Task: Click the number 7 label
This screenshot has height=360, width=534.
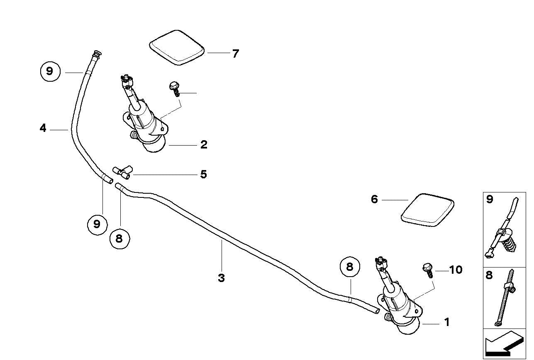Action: (235, 54)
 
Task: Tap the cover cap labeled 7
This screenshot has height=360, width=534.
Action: (177, 47)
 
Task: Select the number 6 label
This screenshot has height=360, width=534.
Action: (374, 199)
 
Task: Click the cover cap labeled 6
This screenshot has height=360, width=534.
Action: (427, 209)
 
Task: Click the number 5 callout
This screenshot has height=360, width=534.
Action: (203, 174)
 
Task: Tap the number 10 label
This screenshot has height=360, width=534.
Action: (455, 270)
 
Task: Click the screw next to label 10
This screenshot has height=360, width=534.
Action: (427, 270)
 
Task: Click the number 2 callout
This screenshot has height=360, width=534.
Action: (203, 145)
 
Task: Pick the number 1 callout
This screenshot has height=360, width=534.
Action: (446, 322)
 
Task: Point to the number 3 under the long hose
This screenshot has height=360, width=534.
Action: (221, 278)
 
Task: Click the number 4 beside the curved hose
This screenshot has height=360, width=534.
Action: (43, 129)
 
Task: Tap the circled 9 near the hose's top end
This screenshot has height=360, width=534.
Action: (50, 71)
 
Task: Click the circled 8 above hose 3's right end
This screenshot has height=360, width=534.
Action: (349, 267)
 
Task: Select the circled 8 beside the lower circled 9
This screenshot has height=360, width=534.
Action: (119, 238)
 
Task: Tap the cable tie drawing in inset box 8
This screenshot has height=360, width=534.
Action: (507, 298)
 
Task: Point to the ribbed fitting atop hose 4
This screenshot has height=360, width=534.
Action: (97, 54)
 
